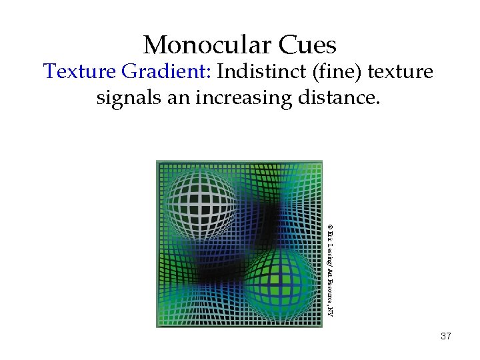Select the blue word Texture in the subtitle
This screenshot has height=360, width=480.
75,71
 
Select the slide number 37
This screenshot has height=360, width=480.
446,337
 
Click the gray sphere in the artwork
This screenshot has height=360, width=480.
200,203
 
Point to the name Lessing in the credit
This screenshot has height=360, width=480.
330,253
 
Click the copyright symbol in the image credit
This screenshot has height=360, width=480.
330,227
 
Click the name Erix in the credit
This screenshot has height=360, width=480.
330,237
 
